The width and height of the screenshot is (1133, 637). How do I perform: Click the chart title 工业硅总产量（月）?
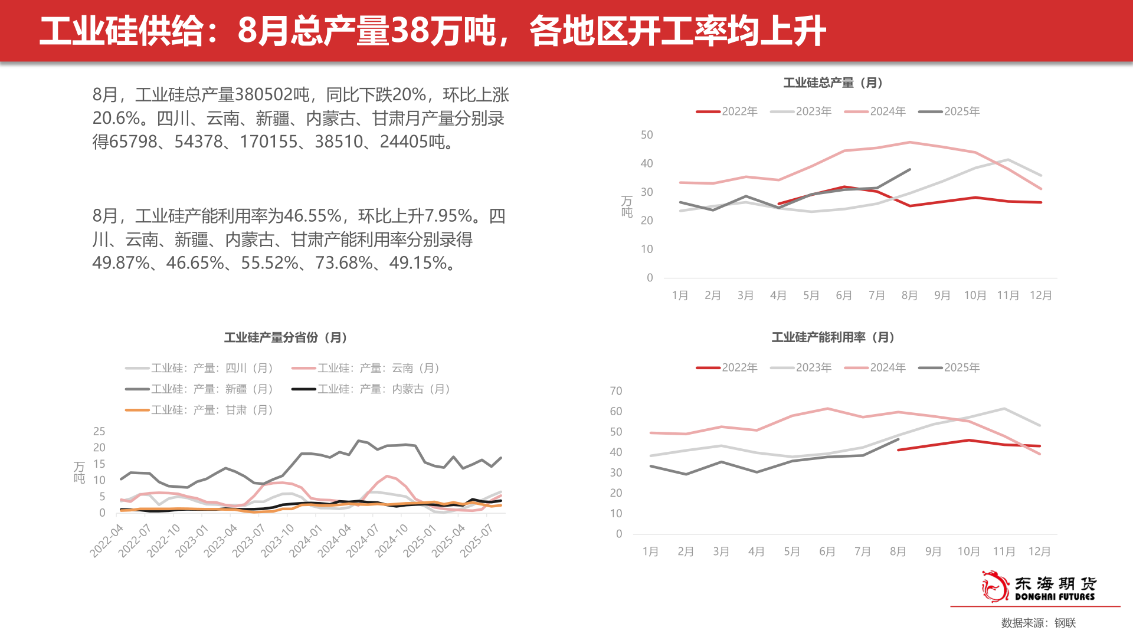833,83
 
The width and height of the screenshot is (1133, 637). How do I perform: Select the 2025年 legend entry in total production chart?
949,111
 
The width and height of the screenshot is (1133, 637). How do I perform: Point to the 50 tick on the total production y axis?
647,135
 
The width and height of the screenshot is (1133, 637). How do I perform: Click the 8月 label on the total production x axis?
909,295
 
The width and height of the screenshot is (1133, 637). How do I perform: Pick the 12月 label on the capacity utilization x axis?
1039,551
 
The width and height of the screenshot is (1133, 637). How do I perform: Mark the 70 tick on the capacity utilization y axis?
615,391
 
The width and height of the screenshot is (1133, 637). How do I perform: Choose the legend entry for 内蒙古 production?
372,389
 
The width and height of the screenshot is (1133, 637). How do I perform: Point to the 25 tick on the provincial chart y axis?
99,431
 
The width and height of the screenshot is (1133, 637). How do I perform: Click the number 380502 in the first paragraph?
272,94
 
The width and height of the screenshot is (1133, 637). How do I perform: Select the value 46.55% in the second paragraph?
313,216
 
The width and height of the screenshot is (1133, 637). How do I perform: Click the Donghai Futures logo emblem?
995,586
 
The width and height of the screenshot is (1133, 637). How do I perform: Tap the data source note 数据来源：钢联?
1039,623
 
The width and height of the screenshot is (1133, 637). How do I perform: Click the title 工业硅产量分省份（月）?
287,337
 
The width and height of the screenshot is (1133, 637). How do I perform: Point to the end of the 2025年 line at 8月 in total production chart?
909,170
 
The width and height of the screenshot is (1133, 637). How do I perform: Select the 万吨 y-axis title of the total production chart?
627,206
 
